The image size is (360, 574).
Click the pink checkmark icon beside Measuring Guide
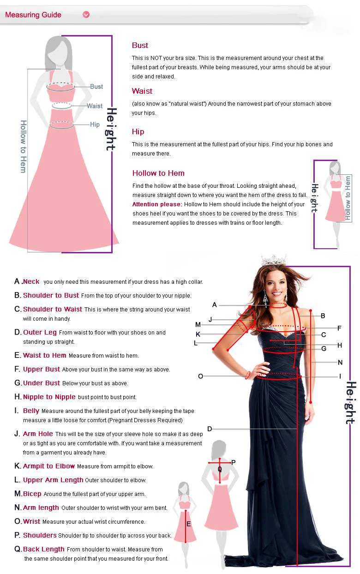coord(86,15)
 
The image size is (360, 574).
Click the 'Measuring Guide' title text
coord(33,15)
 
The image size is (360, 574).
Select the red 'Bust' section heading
coord(140,45)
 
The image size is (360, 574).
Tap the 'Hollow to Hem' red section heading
coord(158,173)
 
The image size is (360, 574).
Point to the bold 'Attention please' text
coord(156,204)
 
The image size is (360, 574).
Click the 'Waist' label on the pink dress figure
coord(95,106)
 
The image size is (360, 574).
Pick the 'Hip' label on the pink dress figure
coord(95,125)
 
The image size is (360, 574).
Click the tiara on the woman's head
coord(273,260)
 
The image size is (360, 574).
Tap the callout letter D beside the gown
coord(210,429)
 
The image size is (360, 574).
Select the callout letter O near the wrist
coord(201,376)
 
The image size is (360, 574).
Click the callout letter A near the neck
coord(215,305)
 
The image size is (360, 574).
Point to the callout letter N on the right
coord(340,362)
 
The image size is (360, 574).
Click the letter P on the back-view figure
coord(233,462)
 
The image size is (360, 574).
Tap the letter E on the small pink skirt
coord(189,524)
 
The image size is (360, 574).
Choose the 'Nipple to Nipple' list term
coord(49,397)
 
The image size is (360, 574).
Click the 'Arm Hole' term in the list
coord(38,434)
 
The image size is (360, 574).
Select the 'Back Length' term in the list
coord(43,549)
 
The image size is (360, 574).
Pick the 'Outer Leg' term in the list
coord(40,332)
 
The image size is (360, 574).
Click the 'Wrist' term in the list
coord(31,521)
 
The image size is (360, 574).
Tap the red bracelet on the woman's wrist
coord(247,375)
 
